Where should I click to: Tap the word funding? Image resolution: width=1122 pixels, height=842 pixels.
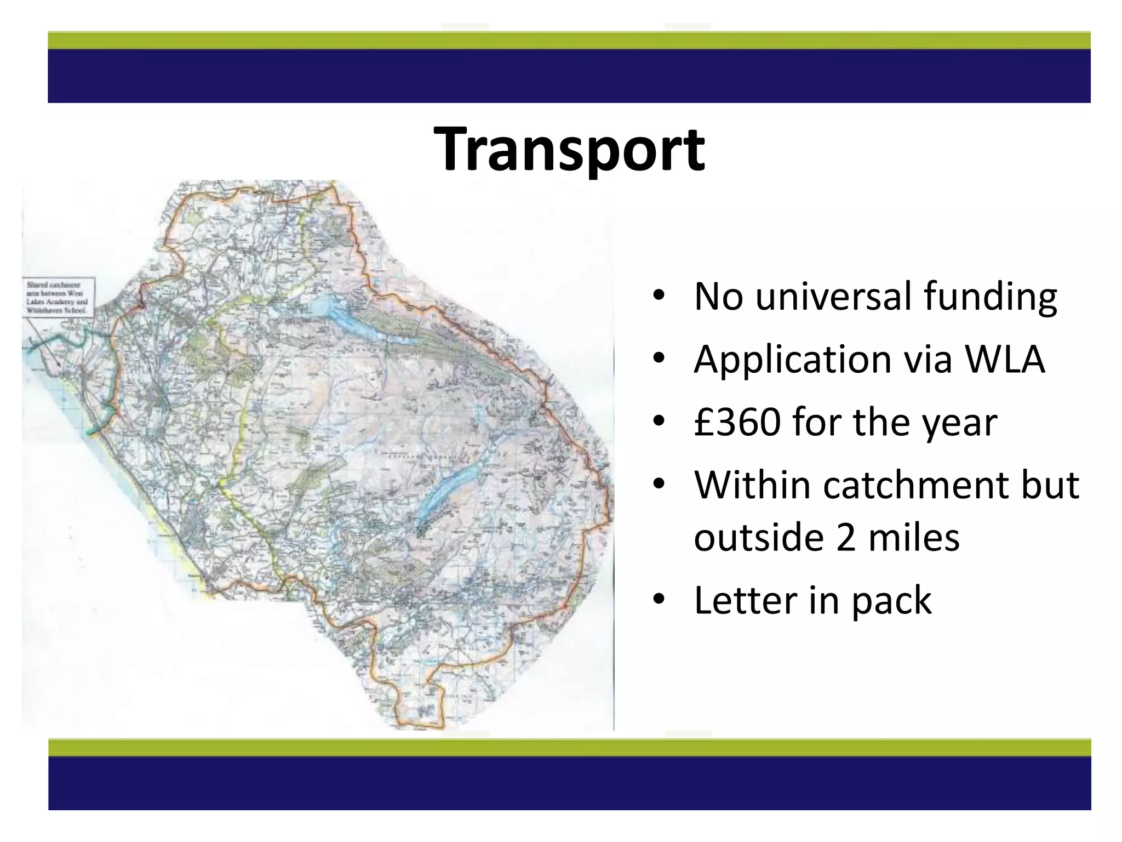pos(990,297)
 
